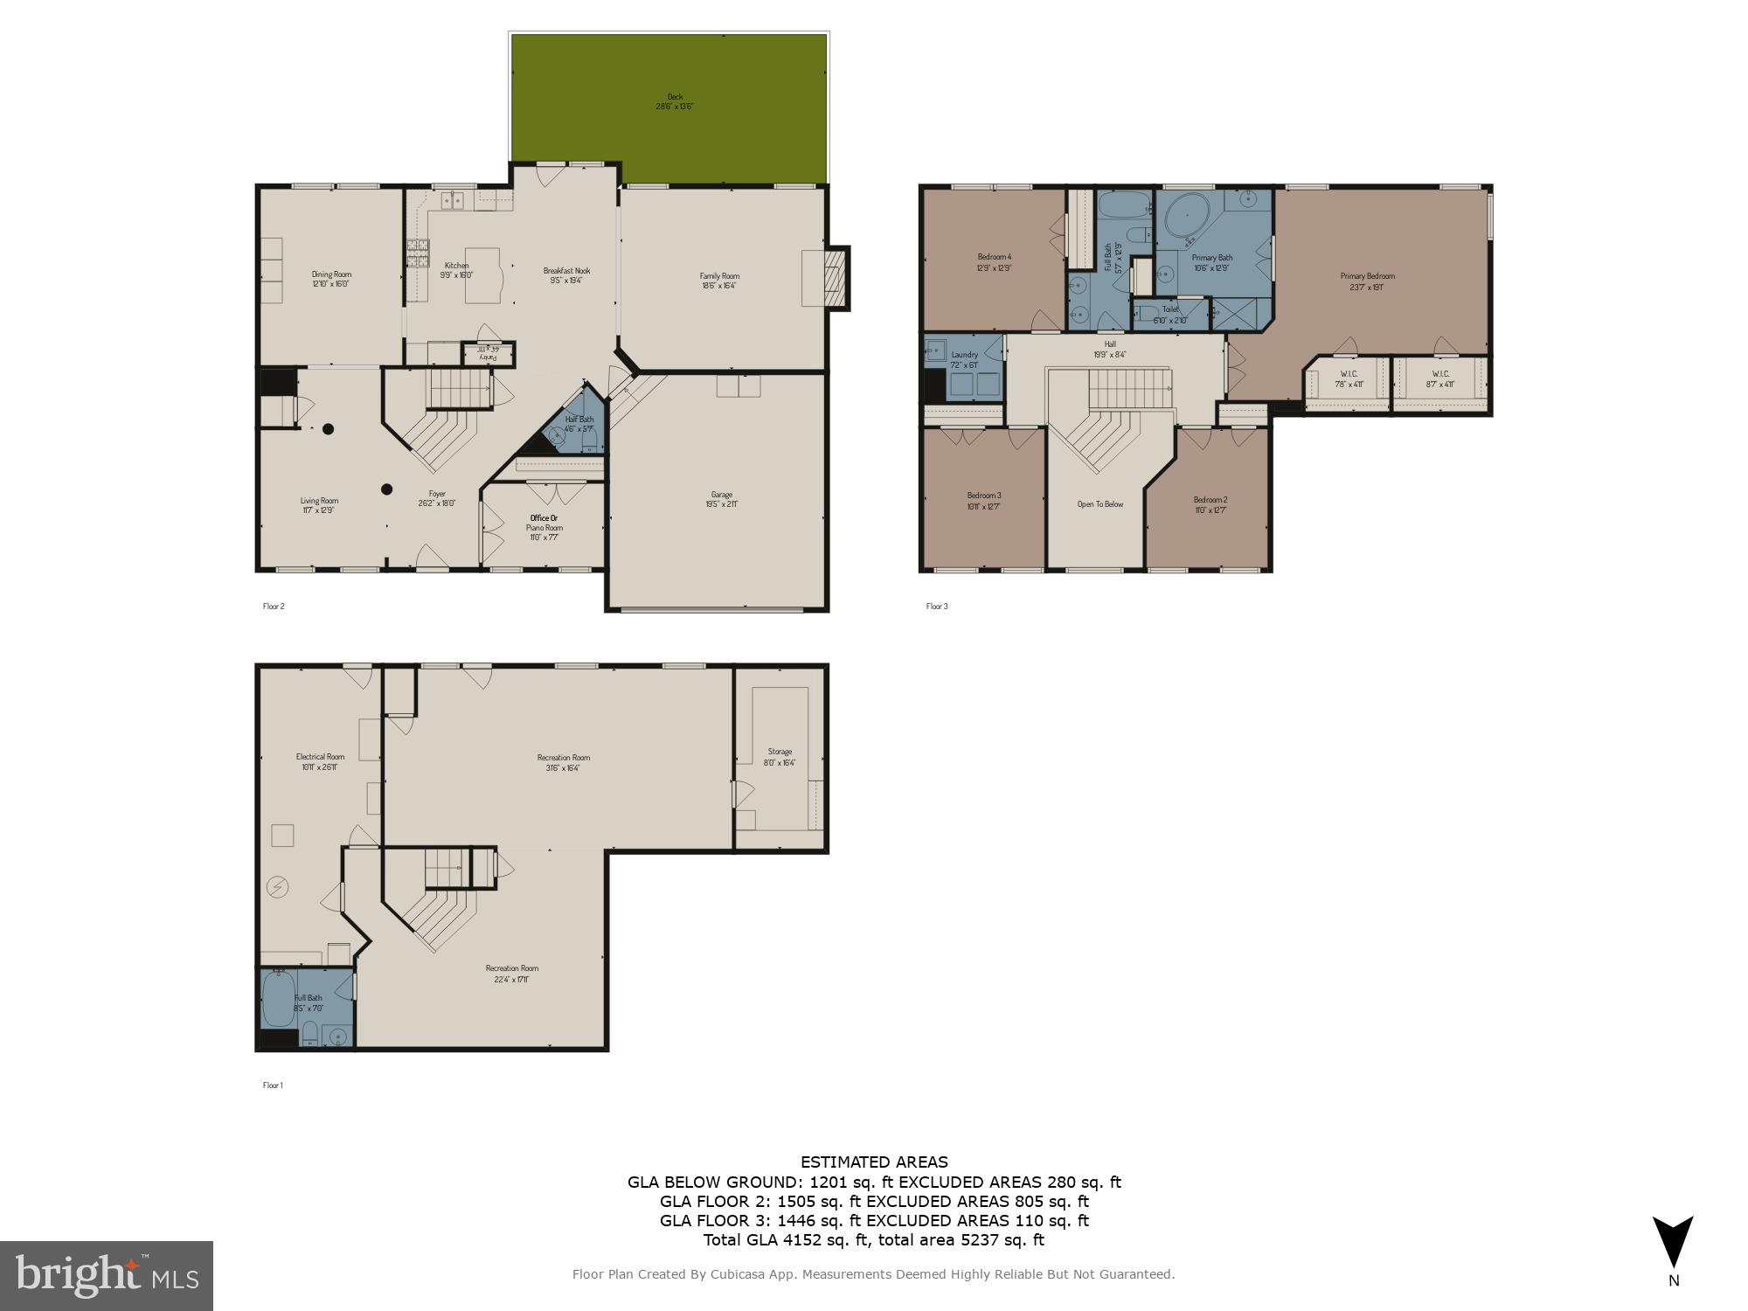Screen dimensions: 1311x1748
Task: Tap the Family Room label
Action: point(719,280)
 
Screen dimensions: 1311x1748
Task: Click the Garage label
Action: point(721,499)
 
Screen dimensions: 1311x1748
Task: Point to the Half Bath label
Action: point(579,424)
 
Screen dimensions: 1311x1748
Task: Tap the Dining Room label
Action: point(331,279)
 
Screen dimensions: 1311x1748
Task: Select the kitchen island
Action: point(482,276)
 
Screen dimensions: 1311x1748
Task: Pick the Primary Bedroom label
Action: point(1367,281)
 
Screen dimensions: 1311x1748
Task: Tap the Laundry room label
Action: point(964,359)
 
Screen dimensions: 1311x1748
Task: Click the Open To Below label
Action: point(1099,504)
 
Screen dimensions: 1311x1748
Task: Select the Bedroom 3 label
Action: point(984,500)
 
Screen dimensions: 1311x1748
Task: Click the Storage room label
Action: point(780,756)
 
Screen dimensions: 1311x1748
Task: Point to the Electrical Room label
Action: point(320,761)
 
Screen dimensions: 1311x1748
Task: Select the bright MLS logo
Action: point(107,1275)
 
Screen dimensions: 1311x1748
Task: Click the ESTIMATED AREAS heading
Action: point(874,1162)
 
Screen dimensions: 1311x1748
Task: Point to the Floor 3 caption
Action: point(937,606)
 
